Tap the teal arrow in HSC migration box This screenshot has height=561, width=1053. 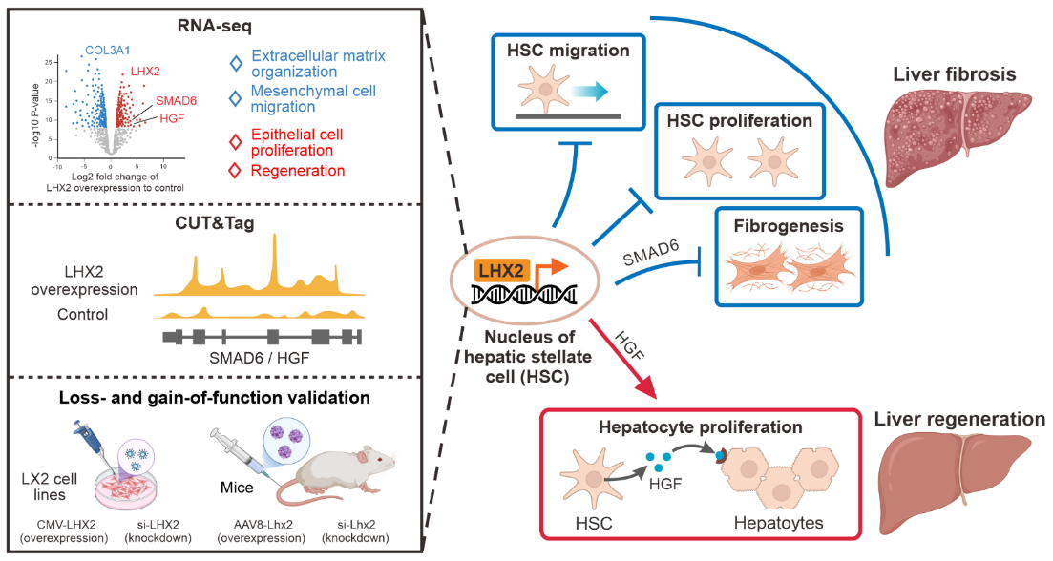coord(582,91)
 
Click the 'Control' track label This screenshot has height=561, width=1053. coord(108,314)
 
